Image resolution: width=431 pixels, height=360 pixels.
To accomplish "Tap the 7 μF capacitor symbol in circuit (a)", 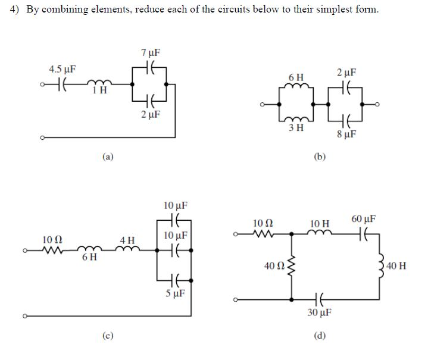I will pyautogui.click(x=151, y=69).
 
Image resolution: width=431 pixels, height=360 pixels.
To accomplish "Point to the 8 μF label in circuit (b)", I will pyautogui.click(x=346, y=134).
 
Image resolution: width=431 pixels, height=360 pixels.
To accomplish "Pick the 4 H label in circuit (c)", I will pyautogui.click(x=127, y=240).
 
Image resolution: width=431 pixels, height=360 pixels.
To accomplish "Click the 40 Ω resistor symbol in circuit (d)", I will pyautogui.click(x=291, y=265).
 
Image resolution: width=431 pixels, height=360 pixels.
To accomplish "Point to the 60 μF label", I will pyautogui.click(x=364, y=220).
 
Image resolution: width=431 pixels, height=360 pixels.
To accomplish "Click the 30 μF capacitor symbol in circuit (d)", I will pyautogui.click(x=320, y=299).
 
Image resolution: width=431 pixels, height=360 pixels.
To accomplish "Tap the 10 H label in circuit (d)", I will pyautogui.click(x=320, y=223).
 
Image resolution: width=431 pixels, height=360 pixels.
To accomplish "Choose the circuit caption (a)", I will pyautogui.click(x=108, y=156).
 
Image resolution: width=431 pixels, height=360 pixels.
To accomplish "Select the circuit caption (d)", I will pyautogui.click(x=320, y=335).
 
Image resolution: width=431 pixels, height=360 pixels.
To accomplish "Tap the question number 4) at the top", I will pyautogui.click(x=16, y=10).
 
